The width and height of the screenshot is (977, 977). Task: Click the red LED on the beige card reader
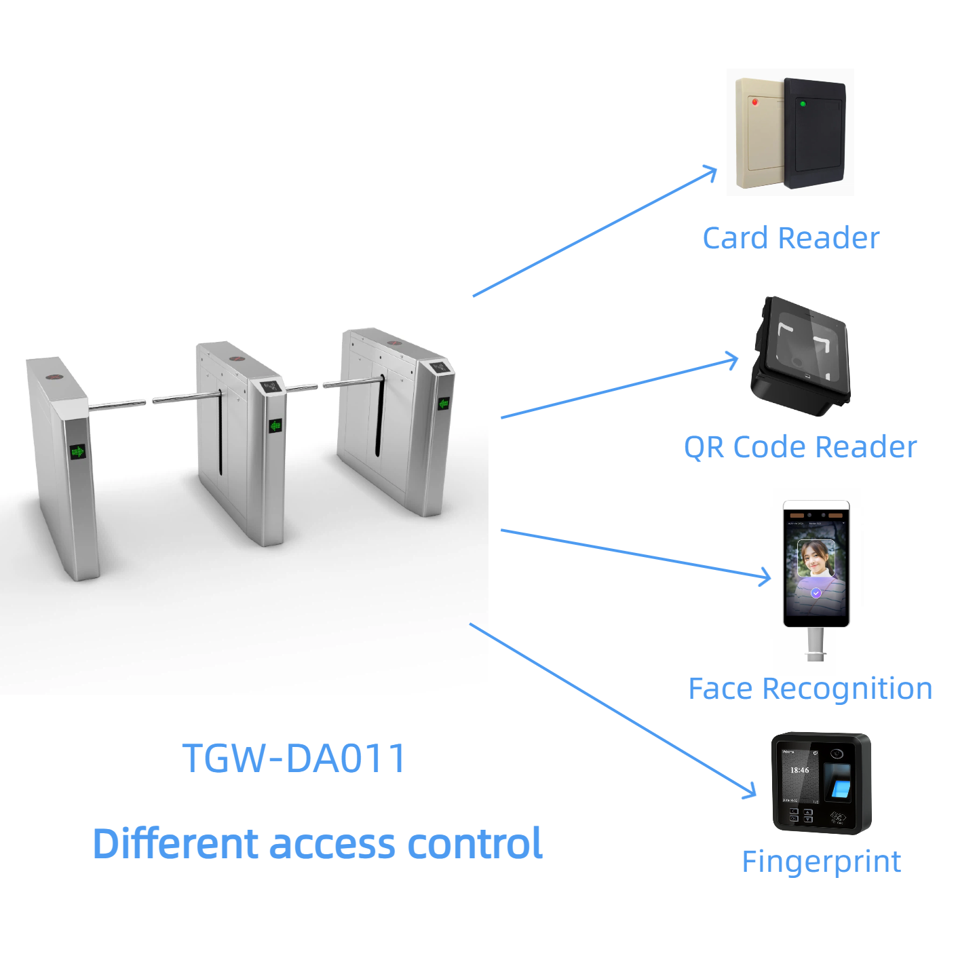(x=754, y=102)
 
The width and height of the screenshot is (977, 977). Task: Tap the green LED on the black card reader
(x=803, y=104)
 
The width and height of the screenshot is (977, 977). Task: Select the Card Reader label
(x=790, y=238)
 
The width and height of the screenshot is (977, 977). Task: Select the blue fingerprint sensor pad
(x=840, y=788)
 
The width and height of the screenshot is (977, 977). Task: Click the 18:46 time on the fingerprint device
(x=799, y=770)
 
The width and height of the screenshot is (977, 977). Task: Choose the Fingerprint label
(x=821, y=862)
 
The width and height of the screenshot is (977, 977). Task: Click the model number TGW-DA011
(x=294, y=758)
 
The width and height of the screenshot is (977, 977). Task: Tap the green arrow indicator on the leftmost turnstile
(x=78, y=451)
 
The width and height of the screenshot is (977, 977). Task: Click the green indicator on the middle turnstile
(x=275, y=426)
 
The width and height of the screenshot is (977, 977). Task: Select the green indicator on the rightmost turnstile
(x=444, y=404)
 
